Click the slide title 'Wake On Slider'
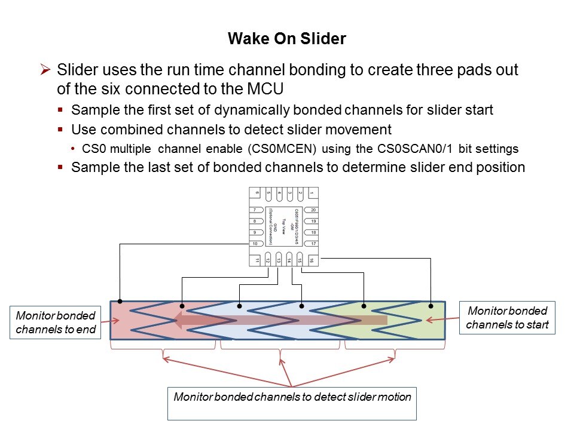pos(286,39)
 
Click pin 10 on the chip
pos(255,244)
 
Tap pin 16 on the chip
pos(311,260)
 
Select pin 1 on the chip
pos(311,193)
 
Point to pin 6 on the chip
pos(257,193)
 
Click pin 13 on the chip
pos(279,260)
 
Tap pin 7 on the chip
pos(255,210)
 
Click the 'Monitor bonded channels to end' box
pos(56,322)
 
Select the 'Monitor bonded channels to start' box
pos(507,318)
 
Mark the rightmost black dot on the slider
pos(430,306)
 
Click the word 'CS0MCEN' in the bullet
pos(231,149)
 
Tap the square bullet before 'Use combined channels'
pos(60,130)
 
